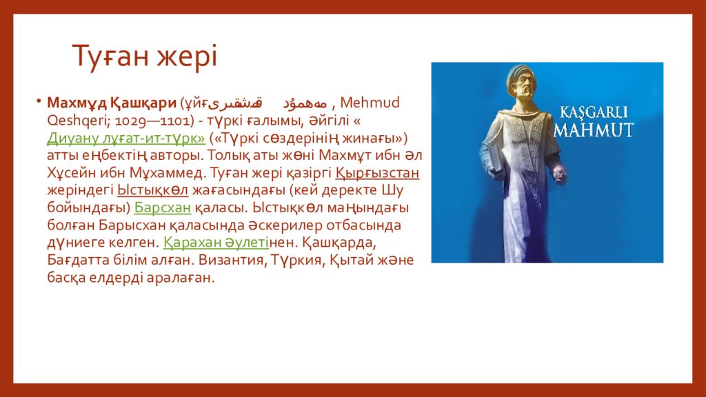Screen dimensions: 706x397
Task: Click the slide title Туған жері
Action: click(x=145, y=56)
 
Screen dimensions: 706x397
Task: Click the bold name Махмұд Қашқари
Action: click(x=112, y=103)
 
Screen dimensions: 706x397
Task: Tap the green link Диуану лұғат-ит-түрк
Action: click(x=126, y=138)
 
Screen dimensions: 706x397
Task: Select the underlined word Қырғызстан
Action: click(x=377, y=173)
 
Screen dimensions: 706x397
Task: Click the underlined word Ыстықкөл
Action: click(x=152, y=190)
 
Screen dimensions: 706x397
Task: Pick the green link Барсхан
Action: click(x=163, y=207)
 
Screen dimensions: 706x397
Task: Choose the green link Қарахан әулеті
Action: click(x=216, y=243)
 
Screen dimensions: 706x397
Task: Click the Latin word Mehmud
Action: click(x=370, y=103)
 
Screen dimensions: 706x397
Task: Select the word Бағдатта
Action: click(x=73, y=260)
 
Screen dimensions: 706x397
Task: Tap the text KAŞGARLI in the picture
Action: click(x=594, y=112)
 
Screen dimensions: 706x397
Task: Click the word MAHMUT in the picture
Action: click(x=593, y=130)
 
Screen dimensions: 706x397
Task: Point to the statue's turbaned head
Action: click(x=523, y=82)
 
